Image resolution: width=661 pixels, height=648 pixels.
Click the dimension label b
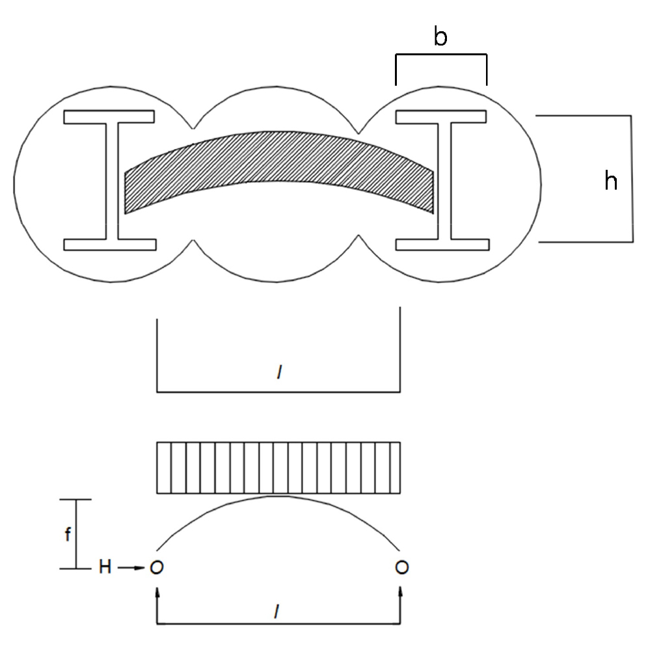click(440, 36)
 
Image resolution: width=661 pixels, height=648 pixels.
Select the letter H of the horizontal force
click(105, 567)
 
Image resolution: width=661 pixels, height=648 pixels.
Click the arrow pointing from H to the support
click(131, 568)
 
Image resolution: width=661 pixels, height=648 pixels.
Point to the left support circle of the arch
click(157, 568)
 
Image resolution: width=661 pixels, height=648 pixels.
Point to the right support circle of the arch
click(402, 567)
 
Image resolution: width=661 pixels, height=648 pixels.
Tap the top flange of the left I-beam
click(109, 117)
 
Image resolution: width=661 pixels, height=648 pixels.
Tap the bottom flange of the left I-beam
click(109, 245)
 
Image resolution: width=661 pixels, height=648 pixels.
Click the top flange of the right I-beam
click(441, 117)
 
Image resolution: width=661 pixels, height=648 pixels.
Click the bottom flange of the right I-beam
click(442, 245)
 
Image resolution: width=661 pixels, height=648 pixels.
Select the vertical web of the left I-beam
click(112, 182)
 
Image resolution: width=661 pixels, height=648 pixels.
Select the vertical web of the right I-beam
click(444, 182)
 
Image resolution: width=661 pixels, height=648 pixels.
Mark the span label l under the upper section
click(279, 372)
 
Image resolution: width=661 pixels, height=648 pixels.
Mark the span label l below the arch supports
click(277, 612)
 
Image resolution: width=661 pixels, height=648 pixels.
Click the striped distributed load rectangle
click(278, 468)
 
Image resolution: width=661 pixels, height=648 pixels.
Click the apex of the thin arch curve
click(278, 496)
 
